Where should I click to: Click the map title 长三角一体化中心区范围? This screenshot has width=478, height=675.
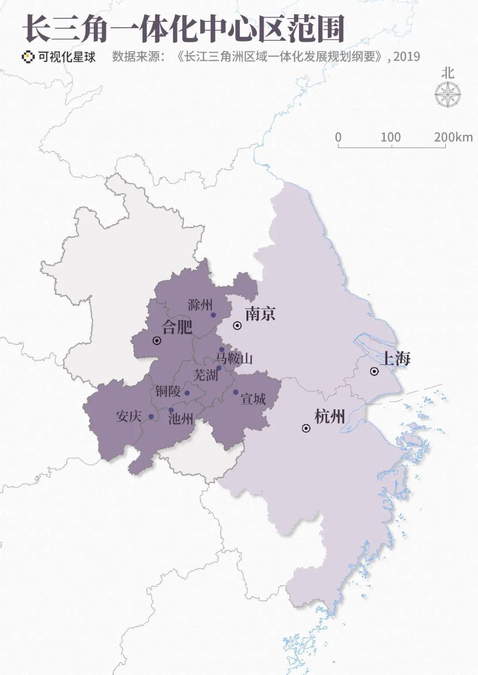click(x=183, y=29)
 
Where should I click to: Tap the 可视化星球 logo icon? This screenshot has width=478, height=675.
click(x=28, y=57)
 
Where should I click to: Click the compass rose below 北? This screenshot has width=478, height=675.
click(x=447, y=95)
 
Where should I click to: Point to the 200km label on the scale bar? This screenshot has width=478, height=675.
click(x=453, y=137)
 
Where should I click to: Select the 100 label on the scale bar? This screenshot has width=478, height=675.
click(x=390, y=137)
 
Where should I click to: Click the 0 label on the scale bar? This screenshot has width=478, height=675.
click(x=338, y=137)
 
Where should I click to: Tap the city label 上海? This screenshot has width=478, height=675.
click(x=396, y=358)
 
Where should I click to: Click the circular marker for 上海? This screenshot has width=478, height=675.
click(x=374, y=371)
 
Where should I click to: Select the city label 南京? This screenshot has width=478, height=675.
click(x=260, y=314)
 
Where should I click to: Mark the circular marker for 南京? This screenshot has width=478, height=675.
click(x=237, y=326)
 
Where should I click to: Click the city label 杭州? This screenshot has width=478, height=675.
click(x=329, y=417)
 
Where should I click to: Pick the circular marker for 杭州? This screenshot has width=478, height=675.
click(x=306, y=428)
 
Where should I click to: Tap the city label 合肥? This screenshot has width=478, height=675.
click(x=177, y=327)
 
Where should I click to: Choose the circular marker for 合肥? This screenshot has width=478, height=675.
click(x=157, y=340)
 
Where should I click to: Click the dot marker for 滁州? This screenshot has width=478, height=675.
click(x=213, y=315)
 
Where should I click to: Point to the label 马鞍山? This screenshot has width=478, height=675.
click(x=235, y=358)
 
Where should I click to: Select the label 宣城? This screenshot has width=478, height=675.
click(x=253, y=399)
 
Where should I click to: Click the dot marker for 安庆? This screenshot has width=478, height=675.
click(x=151, y=417)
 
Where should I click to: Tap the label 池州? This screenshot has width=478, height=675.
click(x=181, y=418)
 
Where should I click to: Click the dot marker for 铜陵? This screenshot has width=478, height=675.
click(x=187, y=393)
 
